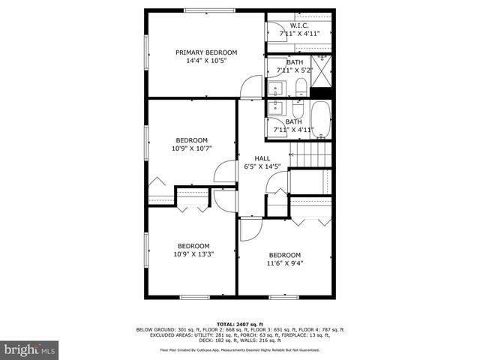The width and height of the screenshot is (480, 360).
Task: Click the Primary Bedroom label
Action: (205, 52)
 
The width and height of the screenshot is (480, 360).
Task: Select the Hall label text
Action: (262, 158)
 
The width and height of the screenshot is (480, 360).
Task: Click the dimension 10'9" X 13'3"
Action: (193, 254)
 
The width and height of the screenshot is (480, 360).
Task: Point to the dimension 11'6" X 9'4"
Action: (284, 263)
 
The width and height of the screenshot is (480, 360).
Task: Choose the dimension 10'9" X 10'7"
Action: (191, 148)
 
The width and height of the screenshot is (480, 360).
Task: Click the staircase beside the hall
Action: (311, 157)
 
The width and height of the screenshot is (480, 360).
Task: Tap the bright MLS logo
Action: (30, 349)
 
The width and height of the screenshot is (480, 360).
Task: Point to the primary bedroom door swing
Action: (248, 87)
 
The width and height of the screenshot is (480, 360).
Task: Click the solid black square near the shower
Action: (322, 92)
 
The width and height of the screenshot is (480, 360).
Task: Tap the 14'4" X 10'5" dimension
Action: (205, 61)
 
